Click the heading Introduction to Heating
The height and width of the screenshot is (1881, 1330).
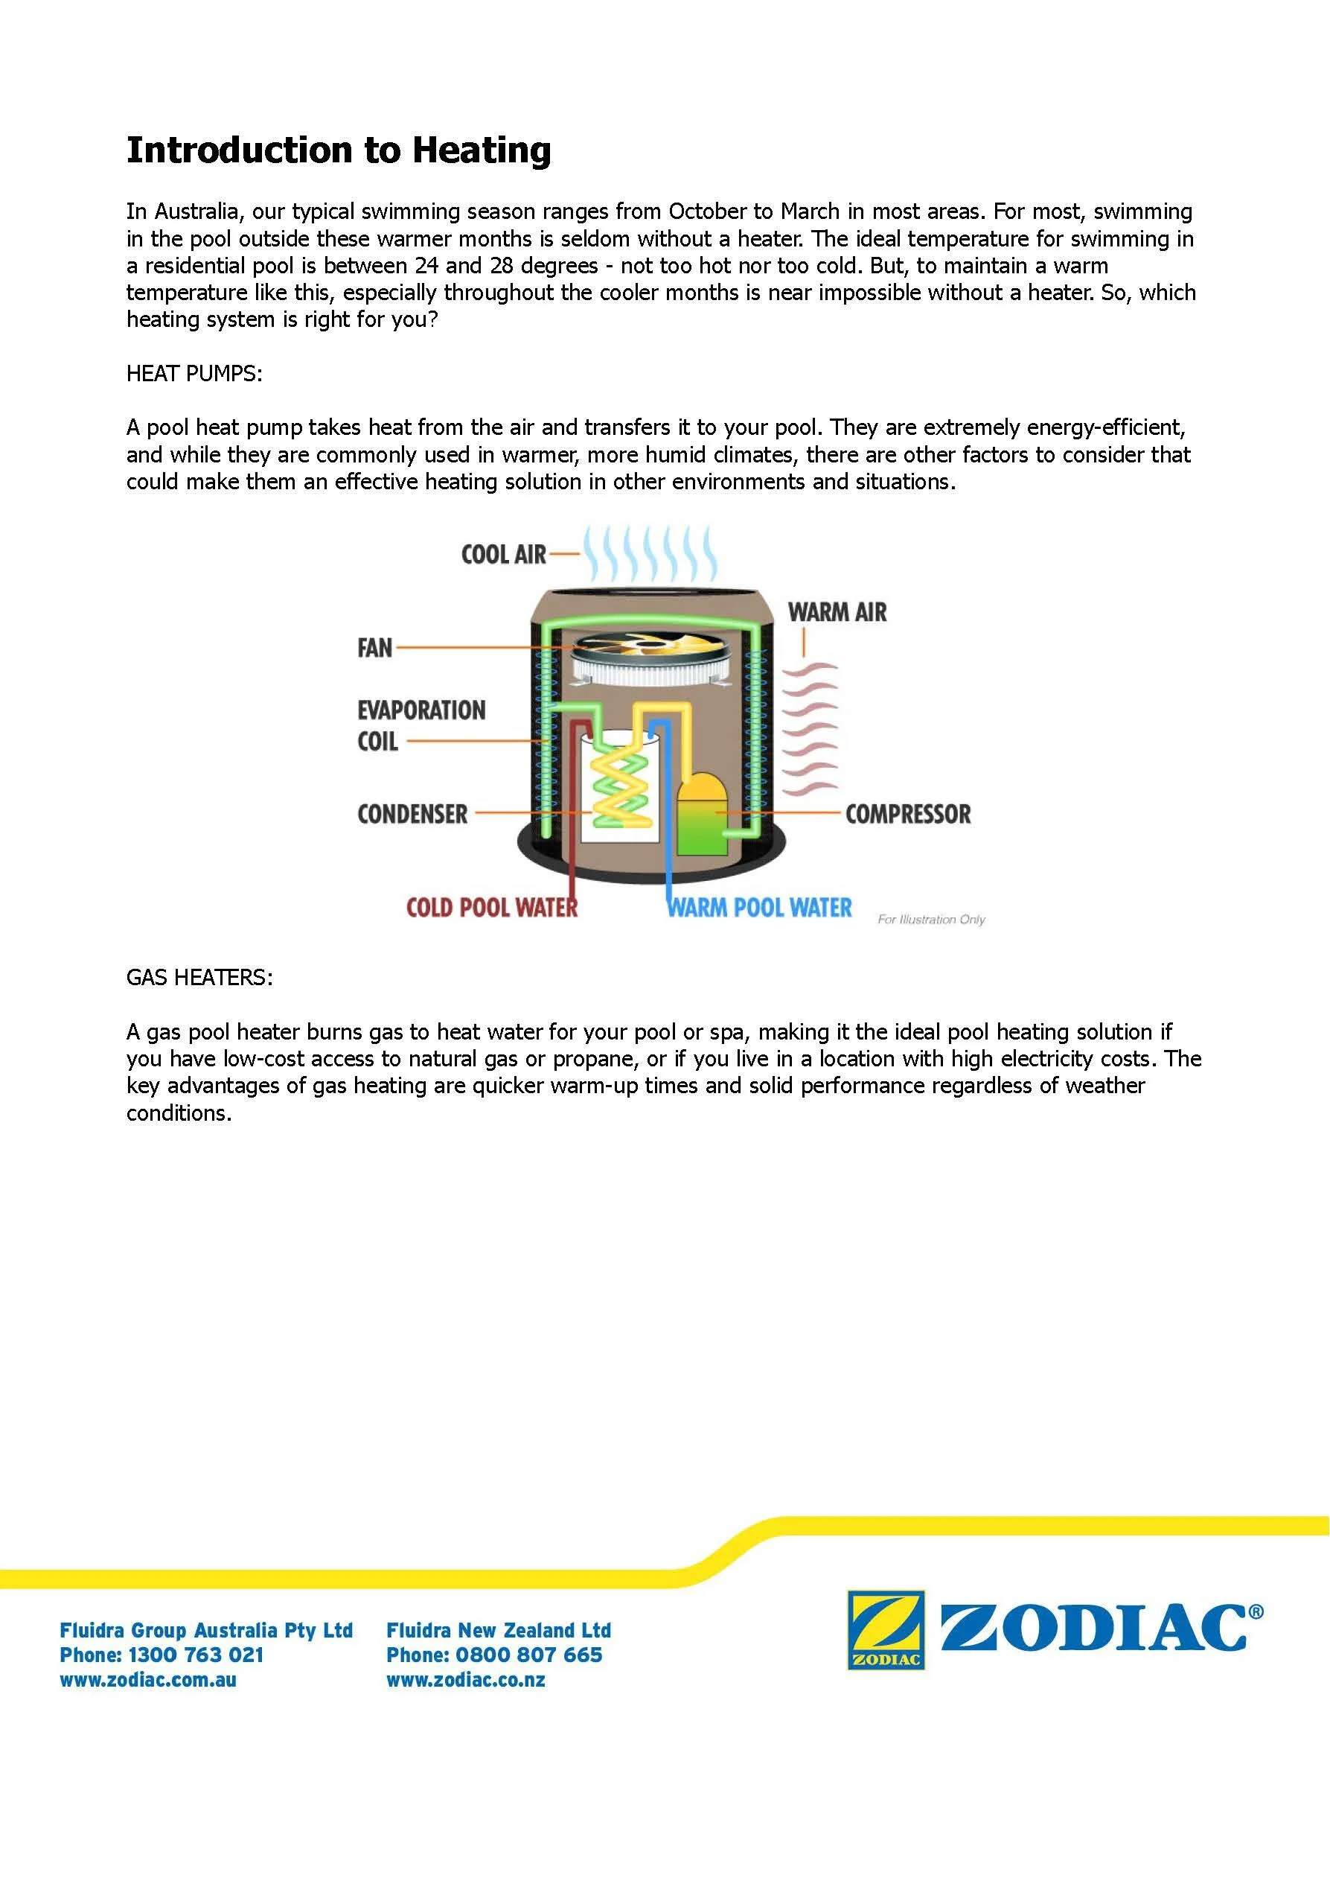(x=338, y=150)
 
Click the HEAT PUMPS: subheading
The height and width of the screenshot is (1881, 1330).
(x=194, y=374)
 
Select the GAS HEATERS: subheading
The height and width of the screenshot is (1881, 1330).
(x=199, y=978)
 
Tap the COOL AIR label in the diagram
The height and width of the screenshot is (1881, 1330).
(x=503, y=555)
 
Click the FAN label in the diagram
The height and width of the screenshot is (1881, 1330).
(x=374, y=648)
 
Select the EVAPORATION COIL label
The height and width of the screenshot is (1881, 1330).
(x=420, y=725)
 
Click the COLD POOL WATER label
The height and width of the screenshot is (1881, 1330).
(x=491, y=908)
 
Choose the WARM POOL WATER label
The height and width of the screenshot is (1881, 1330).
(x=759, y=908)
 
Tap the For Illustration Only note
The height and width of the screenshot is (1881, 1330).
(x=931, y=919)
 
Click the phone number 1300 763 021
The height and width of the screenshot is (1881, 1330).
(x=196, y=1655)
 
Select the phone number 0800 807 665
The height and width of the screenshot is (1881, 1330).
(x=528, y=1655)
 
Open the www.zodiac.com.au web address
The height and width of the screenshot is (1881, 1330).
(x=148, y=1680)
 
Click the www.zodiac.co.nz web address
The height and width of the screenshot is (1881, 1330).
(x=465, y=1680)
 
